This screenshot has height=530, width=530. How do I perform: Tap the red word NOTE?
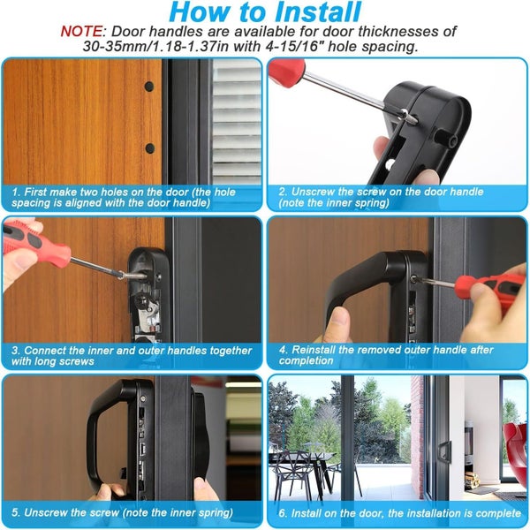click(84, 30)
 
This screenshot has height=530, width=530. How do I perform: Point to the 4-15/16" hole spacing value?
click(320, 46)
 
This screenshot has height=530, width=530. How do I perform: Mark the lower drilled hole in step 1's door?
click(149, 148)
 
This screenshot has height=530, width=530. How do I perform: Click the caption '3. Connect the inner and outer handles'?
click(131, 355)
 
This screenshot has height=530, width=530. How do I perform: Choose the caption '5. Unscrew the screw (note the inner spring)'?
click(124, 512)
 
